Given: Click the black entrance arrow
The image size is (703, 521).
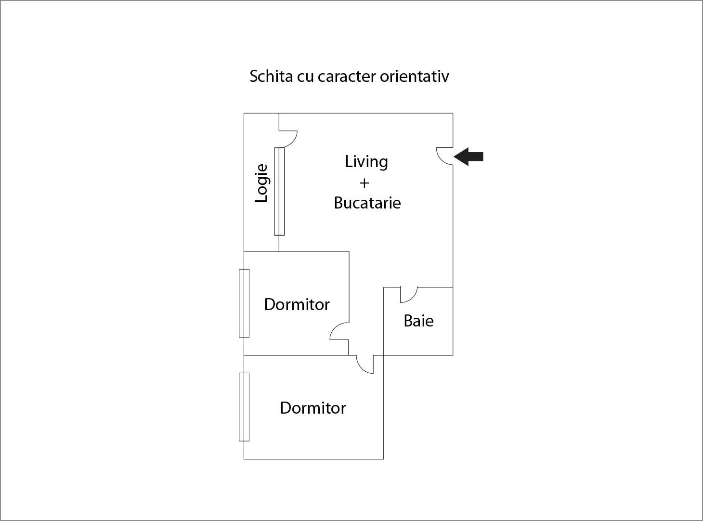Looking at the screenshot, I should [x=469, y=156].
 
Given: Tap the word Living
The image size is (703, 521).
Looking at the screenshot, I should [x=366, y=162].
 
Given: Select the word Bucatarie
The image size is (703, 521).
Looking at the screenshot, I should [x=367, y=203].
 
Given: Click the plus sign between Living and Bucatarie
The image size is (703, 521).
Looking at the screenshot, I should [x=364, y=183].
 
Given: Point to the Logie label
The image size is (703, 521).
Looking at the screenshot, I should [x=261, y=183].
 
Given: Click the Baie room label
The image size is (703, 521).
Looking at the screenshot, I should [x=418, y=321].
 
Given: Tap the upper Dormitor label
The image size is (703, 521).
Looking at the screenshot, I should [x=297, y=304].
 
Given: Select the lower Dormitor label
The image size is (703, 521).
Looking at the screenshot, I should [x=313, y=408].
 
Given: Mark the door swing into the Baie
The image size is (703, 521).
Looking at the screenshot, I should [x=408, y=294].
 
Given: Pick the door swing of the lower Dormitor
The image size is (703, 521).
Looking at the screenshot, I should [x=365, y=364].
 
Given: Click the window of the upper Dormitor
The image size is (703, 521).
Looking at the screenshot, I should [x=244, y=303].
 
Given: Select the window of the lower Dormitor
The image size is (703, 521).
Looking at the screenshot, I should [x=244, y=407].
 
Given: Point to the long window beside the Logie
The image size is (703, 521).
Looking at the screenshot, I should [x=279, y=192].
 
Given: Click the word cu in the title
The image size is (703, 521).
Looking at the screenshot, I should [x=305, y=76].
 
